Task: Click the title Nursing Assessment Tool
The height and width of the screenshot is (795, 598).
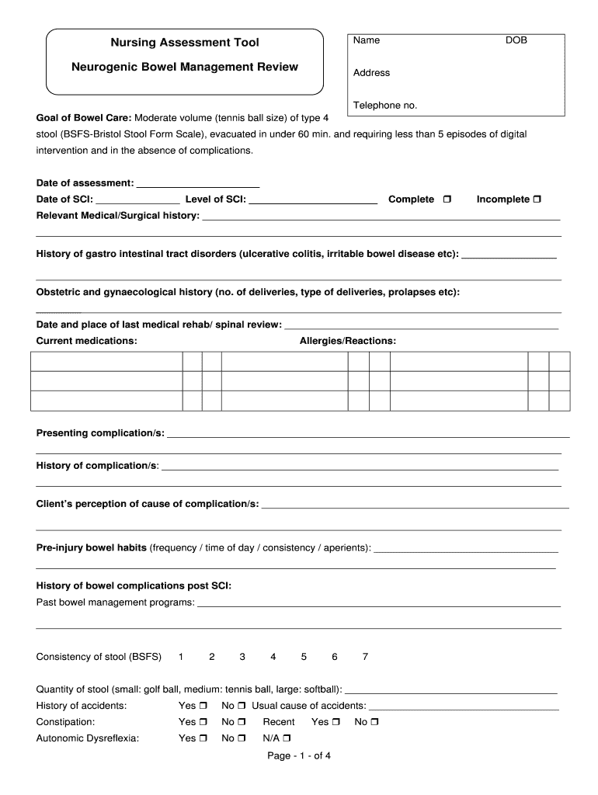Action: (184, 42)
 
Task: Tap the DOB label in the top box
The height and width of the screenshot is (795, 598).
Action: (516, 40)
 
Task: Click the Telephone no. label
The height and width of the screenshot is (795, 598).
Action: (385, 106)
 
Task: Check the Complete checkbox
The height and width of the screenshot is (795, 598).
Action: (447, 200)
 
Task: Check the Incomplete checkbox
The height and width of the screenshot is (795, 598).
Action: (537, 200)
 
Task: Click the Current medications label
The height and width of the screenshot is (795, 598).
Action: (87, 341)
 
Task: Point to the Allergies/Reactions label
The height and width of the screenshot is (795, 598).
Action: (348, 341)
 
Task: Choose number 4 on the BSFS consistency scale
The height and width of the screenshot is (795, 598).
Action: (273, 657)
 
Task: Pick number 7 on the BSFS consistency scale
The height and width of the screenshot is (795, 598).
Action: (365, 657)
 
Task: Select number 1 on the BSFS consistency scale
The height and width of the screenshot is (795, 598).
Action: (181, 657)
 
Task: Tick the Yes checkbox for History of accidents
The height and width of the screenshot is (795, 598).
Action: (203, 706)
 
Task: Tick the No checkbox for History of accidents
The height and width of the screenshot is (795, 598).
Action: (242, 706)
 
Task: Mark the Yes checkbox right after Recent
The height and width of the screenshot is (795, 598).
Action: (336, 722)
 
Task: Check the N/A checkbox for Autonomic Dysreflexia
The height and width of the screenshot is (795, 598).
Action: (289, 738)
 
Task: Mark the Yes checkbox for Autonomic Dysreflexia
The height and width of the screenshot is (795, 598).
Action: (203, 738)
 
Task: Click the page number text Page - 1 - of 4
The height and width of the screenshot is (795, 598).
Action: (299, 755)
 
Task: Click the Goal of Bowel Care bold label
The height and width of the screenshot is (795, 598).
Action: (84, 118)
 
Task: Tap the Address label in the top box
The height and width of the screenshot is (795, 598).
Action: (371, 73)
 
